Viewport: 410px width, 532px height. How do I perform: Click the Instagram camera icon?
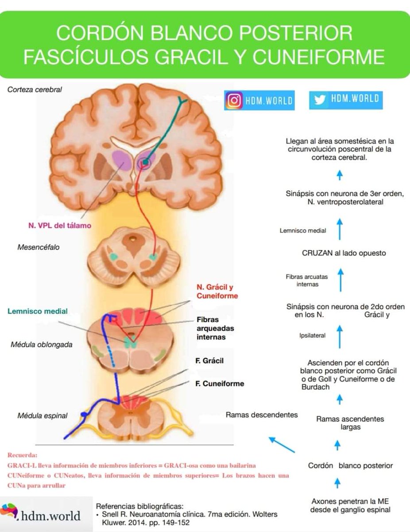[x=233, y=100]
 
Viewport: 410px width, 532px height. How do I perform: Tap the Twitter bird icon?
[x=320, y=100]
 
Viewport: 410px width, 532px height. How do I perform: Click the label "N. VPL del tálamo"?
[x=57, y=226]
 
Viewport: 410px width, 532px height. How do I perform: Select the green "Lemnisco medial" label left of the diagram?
[x=38, y=311]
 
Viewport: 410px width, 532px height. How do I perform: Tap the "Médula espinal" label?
[x=43, y=415]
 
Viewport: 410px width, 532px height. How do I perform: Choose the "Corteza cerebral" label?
[x=35, y=90]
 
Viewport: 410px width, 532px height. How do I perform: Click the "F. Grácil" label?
[x=209, y=361]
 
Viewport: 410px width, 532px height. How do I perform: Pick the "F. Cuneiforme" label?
[x=220, y=383]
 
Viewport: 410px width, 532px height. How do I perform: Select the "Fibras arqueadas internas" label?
[x=215, y=328]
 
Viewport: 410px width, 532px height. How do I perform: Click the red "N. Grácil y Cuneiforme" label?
[x=217, y=291]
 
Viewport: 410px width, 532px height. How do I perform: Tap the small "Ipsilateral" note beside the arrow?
[x=312, y=336]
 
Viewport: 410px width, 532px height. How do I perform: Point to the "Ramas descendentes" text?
[x=262, y=415]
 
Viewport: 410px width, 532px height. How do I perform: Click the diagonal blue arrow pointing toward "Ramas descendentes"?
[x=282, y=445]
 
